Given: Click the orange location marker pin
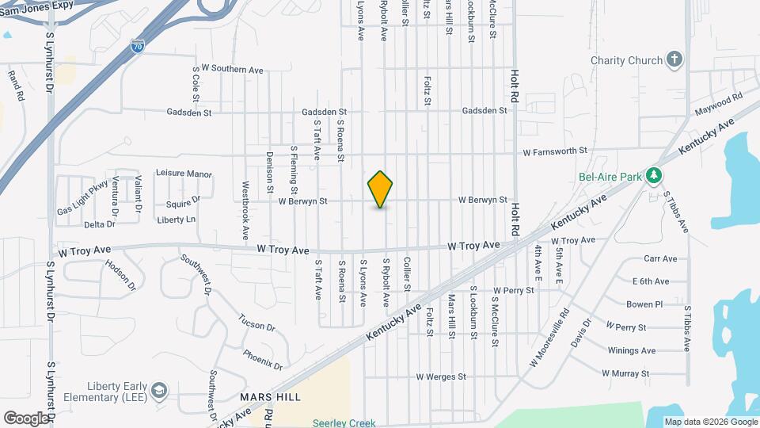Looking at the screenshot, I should (x=381, y=189).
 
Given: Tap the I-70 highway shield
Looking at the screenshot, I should (x=137, y=48).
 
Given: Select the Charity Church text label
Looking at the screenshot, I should (x=626, y=60).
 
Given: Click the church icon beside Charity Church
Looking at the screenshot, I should (x=674, y=59).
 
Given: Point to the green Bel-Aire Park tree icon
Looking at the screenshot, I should (x=654, y=175).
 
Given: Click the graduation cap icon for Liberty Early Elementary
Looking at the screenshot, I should (x=159, y=390).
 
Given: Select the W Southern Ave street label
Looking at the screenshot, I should (x=232, y=70).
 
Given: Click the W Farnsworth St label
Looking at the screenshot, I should (x=554, y=150).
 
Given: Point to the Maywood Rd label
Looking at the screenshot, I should (x=719, y=104).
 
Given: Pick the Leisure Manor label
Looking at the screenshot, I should (x=184, y=173).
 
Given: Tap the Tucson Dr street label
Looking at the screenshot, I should (x=256, y=322).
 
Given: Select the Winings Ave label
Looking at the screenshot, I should (x=632, y=350).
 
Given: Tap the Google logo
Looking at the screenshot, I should (x=26, y=418).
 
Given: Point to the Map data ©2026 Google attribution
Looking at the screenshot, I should (x=709, y=422).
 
